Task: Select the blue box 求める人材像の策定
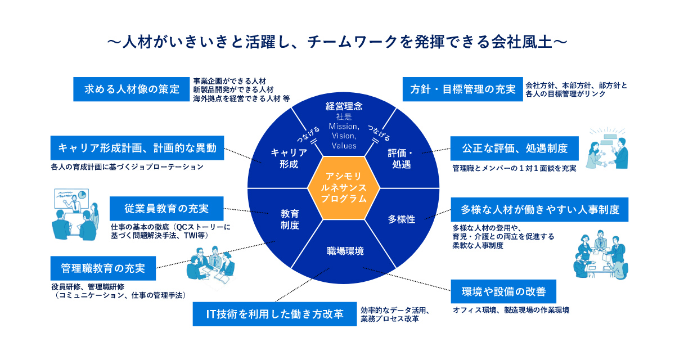132,89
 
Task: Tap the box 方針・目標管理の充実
463,89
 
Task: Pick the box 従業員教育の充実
166,208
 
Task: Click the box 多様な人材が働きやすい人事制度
540,209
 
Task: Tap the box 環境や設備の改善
504,292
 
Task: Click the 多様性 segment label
402,219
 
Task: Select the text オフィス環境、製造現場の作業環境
511,310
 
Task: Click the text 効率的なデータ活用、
395,309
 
